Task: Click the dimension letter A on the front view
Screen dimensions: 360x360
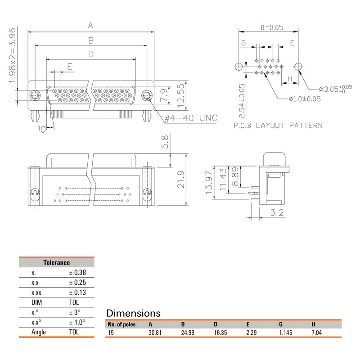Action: point(90,25)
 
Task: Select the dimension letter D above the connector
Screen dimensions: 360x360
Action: point(90,54)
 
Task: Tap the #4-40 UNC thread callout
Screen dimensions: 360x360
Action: point(191,118)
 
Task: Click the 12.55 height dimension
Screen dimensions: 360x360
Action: point(181,95)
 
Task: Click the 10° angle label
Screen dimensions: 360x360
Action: point(42,130)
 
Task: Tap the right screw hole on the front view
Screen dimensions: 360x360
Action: point(146,96)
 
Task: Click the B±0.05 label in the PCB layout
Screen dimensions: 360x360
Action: point(272,27)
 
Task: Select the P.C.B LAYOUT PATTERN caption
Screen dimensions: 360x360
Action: point(278,126)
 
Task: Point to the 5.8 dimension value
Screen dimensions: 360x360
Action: point(165,143)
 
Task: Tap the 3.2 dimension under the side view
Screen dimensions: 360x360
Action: point(277,213)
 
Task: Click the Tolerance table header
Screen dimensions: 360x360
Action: point(56,262)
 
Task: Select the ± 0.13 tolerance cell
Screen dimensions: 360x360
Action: point(77,292)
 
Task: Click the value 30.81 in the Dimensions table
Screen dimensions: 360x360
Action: point(155,333)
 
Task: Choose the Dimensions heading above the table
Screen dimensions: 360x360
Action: point(133,313)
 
